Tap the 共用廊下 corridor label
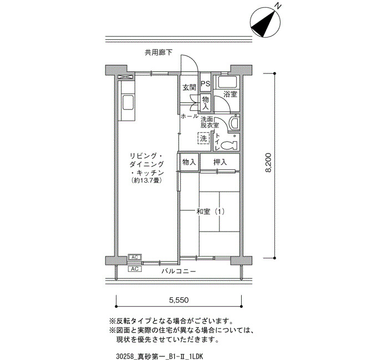159,53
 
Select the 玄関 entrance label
190,88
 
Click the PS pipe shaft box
205,84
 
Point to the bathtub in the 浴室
227,82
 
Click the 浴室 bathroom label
230,94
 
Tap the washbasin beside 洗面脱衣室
234,122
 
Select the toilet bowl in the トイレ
229,145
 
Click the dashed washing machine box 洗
203,138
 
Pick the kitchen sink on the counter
128,102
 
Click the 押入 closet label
219,162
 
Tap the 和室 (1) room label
210,212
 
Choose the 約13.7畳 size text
147,181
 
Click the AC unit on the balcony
135,269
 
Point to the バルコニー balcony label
178,271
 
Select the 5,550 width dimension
179,300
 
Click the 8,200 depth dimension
268,162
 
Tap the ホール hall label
190,116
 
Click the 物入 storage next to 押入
190,162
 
